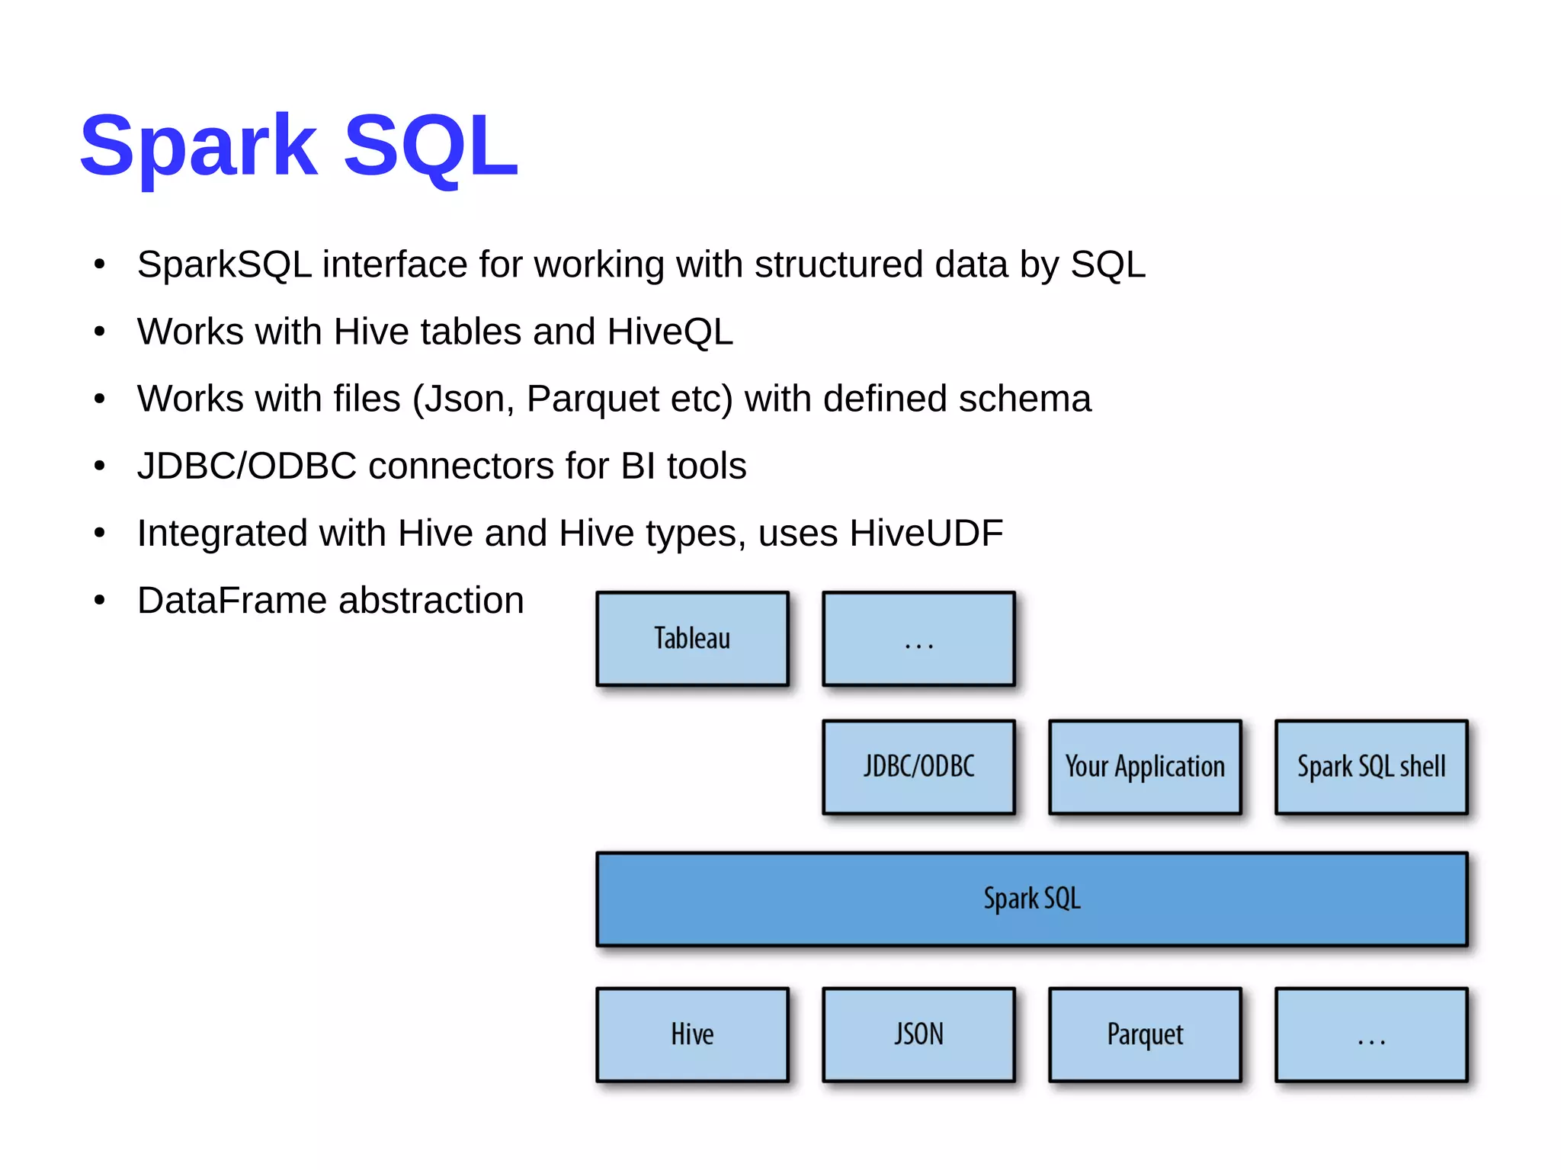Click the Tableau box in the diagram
692,639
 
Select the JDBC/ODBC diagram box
918,767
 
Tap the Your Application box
1145,767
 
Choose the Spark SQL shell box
1370,767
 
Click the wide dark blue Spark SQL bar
1031,899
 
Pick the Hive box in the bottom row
692,1034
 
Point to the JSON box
918,1034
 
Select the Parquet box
1145,1034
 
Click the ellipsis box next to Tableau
918,639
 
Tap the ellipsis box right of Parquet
1370,1034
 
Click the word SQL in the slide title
431,145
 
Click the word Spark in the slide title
198,145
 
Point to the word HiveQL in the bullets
670,332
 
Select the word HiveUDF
926,534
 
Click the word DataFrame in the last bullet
232,601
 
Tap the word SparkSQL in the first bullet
224,265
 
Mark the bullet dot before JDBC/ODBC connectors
99,466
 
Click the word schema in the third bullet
1024,399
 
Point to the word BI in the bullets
638,466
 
